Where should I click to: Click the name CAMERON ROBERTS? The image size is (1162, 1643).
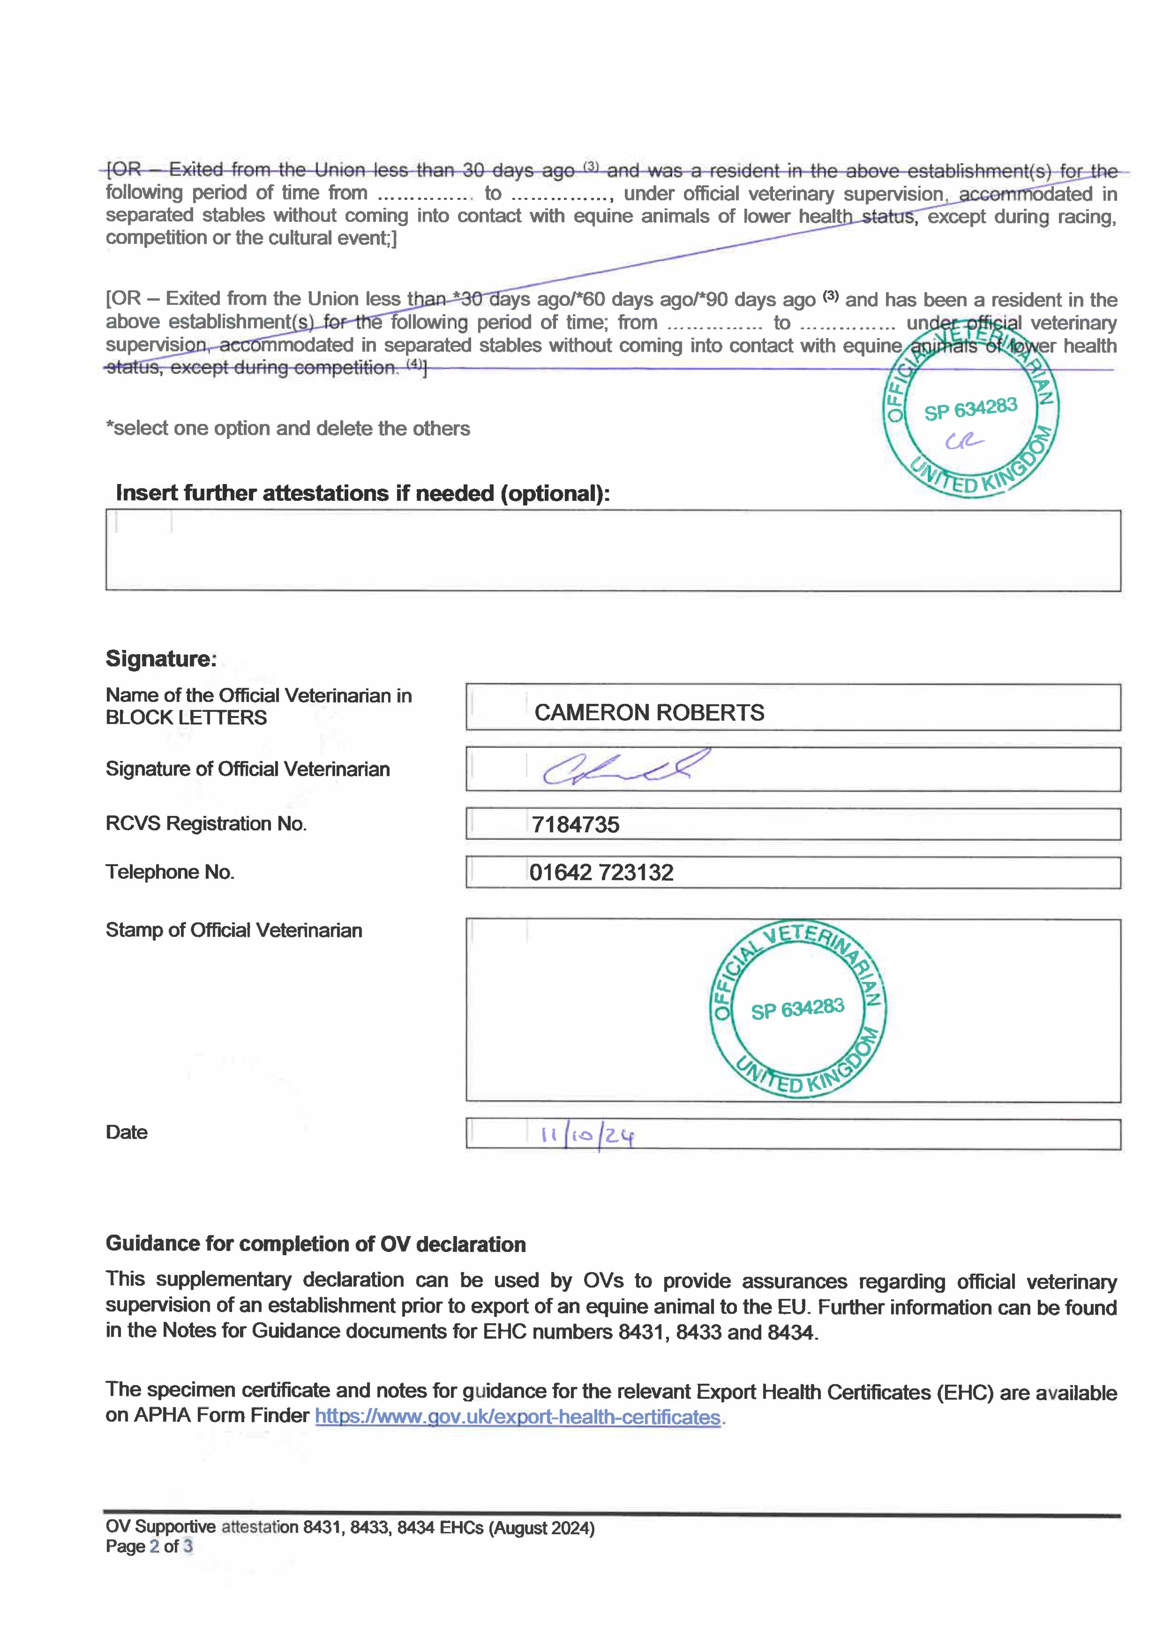[649, 713]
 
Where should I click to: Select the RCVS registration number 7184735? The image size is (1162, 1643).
[575, 824]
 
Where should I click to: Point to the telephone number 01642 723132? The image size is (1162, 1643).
[601, 872]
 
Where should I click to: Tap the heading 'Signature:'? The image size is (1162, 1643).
[160, 658]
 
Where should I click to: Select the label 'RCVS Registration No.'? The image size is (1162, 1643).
[206, 824]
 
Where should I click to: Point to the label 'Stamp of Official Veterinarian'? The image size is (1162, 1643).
[233, 930]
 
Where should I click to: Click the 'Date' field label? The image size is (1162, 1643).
[126, 1132]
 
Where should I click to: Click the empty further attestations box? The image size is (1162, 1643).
[612, 550]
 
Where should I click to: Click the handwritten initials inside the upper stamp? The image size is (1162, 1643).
[964, 442]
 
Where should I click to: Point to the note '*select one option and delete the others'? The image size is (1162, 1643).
[288, 428]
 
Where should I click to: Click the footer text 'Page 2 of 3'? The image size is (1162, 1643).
[149, 1546]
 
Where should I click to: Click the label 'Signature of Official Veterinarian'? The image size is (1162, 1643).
[248, 769]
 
